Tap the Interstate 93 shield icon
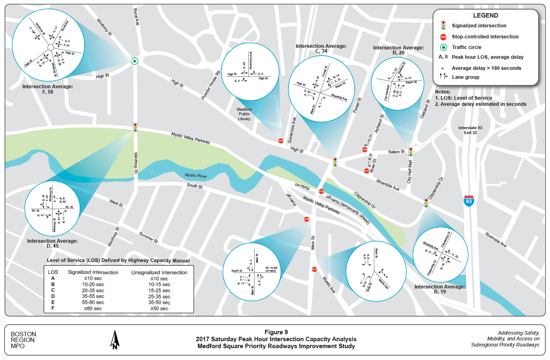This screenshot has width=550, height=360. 469,201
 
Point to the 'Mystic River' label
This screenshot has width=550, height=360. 196,176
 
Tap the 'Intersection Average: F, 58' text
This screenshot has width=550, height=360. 48,89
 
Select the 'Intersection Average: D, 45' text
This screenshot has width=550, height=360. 52,244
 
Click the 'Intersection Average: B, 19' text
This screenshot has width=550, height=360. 440,290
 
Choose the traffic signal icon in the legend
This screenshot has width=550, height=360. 443,25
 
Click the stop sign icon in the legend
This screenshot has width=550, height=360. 443,37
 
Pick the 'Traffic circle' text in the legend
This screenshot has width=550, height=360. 467,47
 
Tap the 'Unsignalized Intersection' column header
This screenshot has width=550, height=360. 159,272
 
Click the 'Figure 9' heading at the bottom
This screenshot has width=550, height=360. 276,332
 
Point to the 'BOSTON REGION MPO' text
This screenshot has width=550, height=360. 23,340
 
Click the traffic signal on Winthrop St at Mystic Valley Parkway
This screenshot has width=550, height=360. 135,127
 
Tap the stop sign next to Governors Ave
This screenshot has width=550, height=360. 281,141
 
